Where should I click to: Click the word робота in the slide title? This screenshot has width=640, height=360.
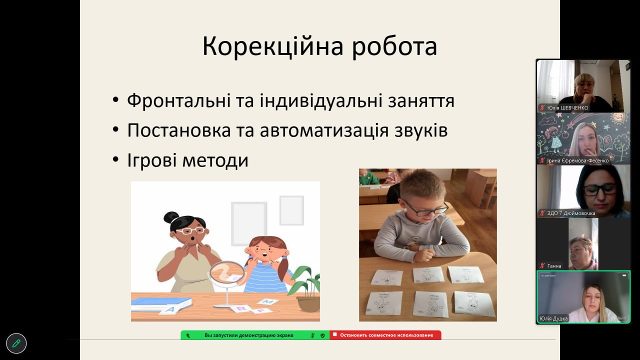click(394, 47)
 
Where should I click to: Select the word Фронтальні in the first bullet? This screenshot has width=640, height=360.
click(179, 100)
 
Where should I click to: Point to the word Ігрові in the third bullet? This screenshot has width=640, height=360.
click(151, 160)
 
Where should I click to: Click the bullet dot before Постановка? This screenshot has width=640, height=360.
click(115, 129)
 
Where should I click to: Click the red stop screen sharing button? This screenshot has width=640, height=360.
click(385, 335)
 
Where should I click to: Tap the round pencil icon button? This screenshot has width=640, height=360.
click(16, 343)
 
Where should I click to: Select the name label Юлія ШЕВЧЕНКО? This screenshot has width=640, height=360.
click(567, 107)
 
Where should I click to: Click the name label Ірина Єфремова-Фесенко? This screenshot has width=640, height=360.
click(577, 160)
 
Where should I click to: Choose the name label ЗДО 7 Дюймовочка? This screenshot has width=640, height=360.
click(571, 213)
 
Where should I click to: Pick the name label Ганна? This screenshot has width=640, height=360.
click(554, 265)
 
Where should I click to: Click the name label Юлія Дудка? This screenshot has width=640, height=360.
click(553, 318)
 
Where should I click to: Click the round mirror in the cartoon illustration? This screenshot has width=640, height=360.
click(227, 273)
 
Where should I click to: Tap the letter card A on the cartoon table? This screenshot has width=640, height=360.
click(170, 309)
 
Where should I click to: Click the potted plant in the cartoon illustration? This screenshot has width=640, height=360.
click(305, 288)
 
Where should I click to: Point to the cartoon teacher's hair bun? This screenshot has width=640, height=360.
click(171, 217)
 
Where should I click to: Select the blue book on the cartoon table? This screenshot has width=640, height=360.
click(160, 303)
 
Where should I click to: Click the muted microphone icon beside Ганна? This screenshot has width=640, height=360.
click(542, 265)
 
